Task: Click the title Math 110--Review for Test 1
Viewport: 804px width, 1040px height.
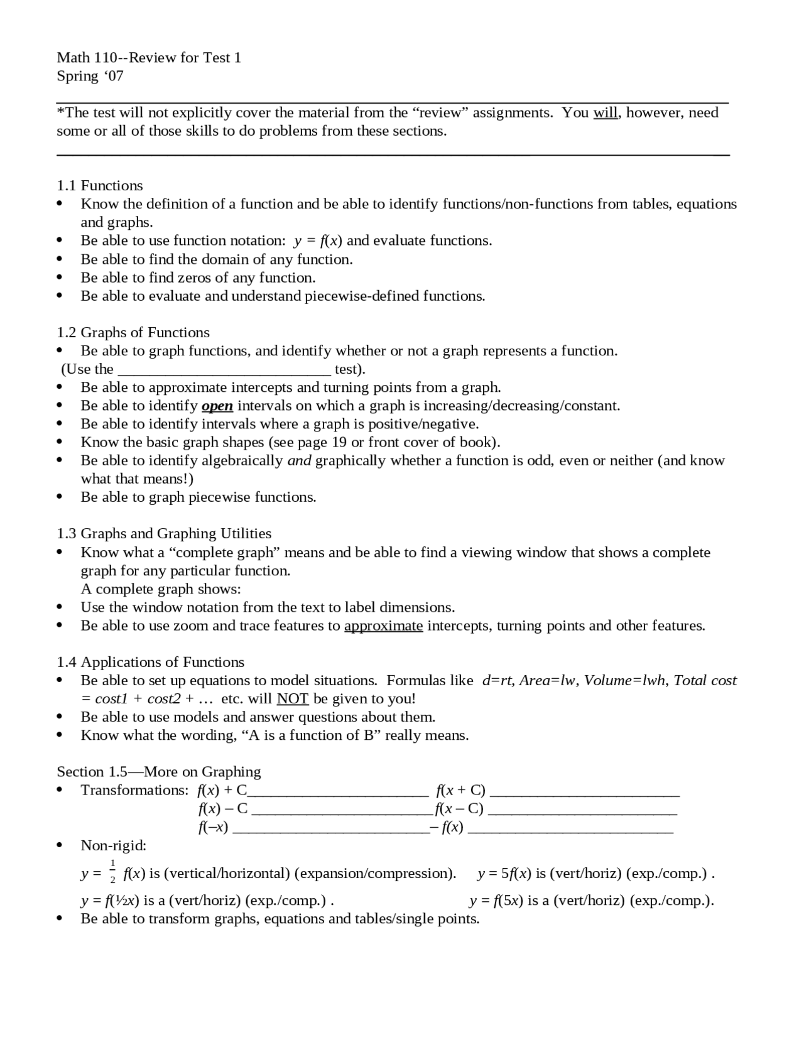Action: tap(149, 58)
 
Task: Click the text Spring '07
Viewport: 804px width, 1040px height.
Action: tap(90, 76)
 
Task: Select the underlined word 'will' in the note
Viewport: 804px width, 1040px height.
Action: tap(605, 113)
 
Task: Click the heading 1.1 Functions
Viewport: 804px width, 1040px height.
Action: tap(100, 185)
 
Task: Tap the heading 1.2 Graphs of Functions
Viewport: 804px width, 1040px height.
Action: tap(133, 332)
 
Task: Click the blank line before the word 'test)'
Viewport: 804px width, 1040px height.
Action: tap(224, 370)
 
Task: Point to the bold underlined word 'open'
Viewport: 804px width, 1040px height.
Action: tap(217, 406)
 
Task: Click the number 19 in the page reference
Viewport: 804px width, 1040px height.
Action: tap(339, 442)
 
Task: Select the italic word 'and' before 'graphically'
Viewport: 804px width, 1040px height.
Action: tap(299, 460)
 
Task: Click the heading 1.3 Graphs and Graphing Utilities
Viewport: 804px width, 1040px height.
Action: tap(164, 533)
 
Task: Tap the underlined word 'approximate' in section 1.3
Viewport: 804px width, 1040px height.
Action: tap(383, 626)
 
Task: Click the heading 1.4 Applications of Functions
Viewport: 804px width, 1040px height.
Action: tap(151, 662)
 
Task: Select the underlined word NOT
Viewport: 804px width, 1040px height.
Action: tap(292, 699)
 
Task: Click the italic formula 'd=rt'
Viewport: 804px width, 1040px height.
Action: tap(497, 680)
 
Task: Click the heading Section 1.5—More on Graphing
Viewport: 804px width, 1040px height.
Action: tap(159, 771)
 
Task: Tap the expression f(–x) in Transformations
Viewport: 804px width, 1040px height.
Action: tap(213, 827)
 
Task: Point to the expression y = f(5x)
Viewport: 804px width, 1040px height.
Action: tap(496, 901)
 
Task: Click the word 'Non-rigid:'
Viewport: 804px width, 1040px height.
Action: tap(113, 845)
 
